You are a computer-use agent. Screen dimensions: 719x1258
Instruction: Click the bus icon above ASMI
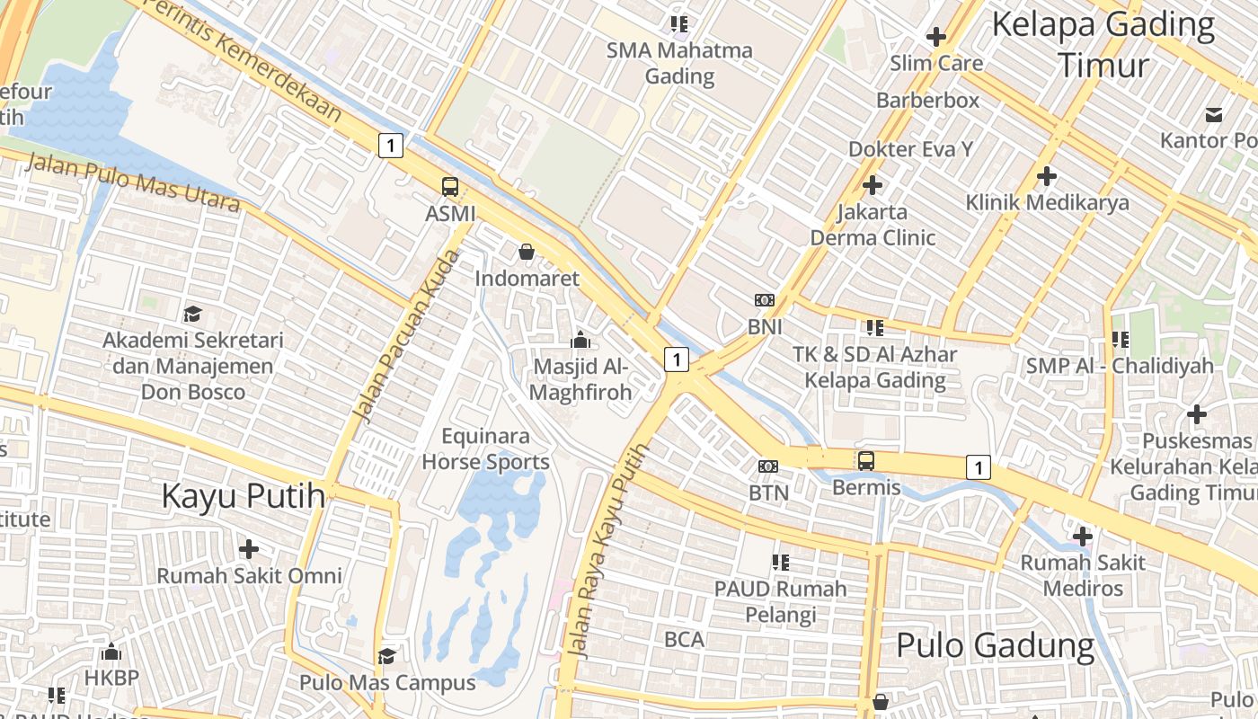(450, 187)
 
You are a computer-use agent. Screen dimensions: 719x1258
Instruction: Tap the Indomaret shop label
(527, 279)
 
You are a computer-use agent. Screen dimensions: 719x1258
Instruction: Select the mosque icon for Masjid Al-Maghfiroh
(580, 341)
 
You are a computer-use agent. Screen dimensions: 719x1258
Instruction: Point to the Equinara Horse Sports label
(485, 449)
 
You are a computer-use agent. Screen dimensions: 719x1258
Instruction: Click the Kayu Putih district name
(243, 496)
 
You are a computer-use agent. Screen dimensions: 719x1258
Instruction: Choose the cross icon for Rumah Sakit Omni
(249, 548)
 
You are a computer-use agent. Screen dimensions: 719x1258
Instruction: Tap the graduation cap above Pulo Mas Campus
(386, 656)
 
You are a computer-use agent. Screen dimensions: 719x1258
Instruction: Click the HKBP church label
(111, 677)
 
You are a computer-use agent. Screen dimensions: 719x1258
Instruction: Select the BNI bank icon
(765, 300)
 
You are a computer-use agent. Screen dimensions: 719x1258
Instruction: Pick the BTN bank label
(768, 493)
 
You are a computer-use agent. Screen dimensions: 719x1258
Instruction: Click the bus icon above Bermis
(866, 461)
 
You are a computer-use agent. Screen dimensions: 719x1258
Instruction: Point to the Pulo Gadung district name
(995, 645)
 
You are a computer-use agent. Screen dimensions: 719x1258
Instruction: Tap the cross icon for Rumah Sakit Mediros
(1083, 537)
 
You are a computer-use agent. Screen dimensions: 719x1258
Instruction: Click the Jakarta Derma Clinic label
(873, 225)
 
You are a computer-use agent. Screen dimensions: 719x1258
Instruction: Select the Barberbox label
(927, 100)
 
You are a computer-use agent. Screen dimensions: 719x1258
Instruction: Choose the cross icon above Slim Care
(936, 37)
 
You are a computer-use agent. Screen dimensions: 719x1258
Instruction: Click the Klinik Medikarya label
(1047, 202)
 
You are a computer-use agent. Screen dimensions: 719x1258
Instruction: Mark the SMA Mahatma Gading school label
(679, 63)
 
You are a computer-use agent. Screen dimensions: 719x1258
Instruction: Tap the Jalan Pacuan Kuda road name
(404, 337)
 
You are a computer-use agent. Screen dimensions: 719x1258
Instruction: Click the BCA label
(684, 640)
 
